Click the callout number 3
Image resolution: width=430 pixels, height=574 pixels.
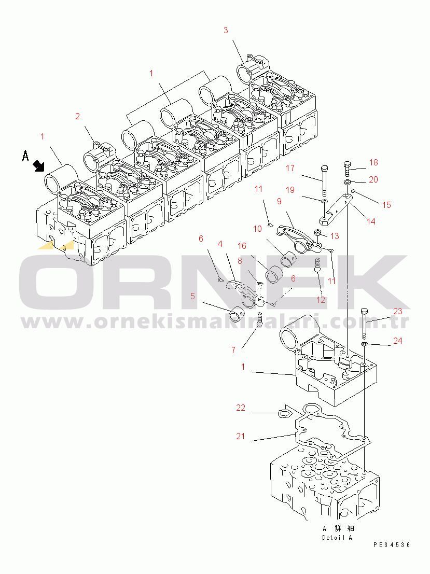(x=226, y=30)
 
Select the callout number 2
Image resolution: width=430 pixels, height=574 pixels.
(x=77, y=116)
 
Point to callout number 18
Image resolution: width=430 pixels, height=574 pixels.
(x=373, y=162)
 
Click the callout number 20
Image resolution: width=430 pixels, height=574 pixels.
(x=373, y=179)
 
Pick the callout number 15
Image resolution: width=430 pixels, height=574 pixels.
(x=386, y=205)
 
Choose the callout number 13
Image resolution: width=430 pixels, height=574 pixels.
(x=335, y=236)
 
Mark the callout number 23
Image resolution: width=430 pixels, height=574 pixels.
(x=397, y=312)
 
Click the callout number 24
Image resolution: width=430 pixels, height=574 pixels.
(x=397, y=341)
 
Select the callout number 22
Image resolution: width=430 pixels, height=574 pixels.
(x=241, y=408)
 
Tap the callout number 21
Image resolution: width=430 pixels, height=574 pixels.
(x=240, y=437)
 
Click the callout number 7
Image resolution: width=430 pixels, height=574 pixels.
(x=233, y=350)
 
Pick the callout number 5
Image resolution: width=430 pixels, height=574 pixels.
(x=192, y=297)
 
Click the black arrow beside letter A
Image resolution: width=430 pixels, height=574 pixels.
(x=38, y=166)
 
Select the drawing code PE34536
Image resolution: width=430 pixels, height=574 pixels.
(x=392, y=545)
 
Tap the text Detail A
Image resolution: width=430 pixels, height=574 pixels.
(x=337, y=538)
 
